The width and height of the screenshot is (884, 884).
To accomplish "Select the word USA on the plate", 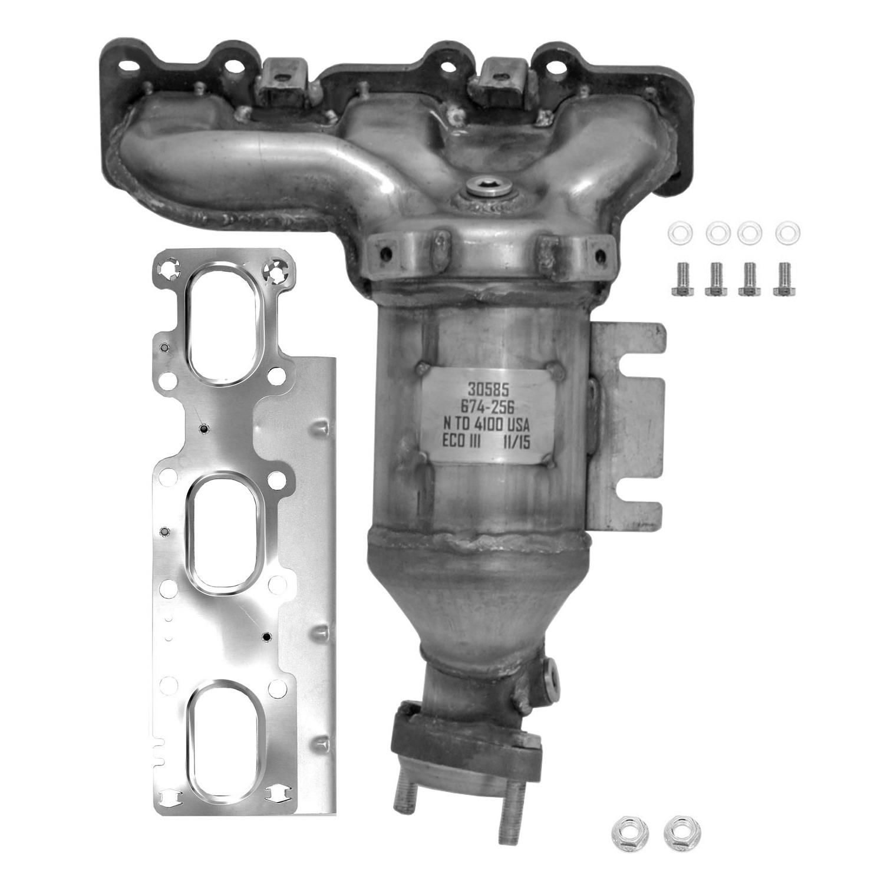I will pos(517,425).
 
